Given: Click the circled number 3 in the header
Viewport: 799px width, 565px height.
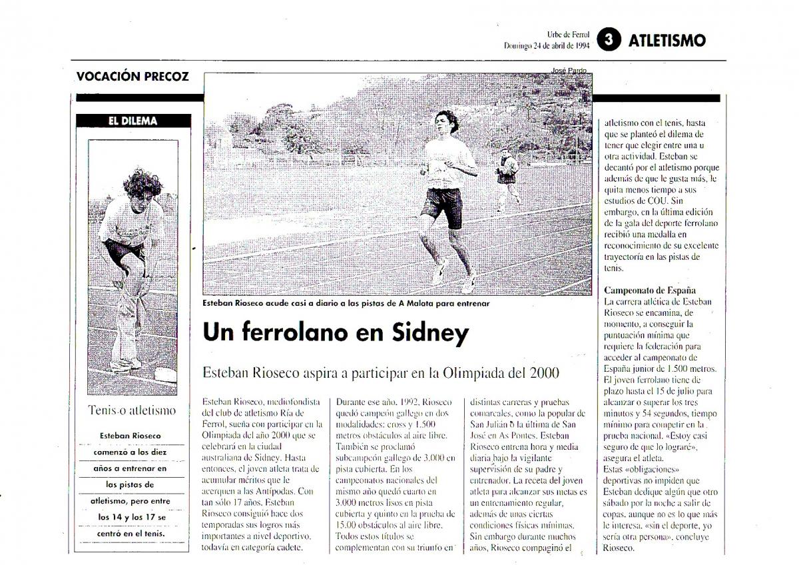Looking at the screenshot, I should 607,40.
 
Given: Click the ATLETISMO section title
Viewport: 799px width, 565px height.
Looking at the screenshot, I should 666,41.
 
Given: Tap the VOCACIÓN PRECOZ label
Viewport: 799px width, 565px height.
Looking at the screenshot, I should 133,76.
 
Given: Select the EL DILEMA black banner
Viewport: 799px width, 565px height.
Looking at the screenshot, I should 133,121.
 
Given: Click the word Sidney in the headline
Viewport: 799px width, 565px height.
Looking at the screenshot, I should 427,332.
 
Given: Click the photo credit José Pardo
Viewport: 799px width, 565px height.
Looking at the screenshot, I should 568,71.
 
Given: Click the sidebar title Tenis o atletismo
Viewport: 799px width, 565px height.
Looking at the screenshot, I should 133,410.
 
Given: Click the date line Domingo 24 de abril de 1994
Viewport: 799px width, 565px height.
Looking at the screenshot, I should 547,46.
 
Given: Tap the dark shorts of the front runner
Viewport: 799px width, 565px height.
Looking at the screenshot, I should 442,205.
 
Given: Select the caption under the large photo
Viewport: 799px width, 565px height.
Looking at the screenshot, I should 346,303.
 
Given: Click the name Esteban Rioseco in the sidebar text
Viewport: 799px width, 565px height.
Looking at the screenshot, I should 131,436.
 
